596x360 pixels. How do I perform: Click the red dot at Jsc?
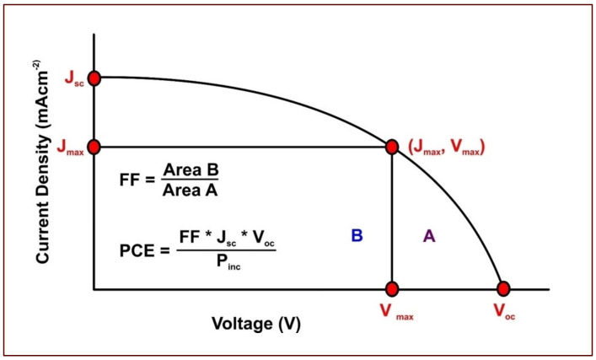[94, 78]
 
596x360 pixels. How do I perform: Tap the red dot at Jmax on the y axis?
[94, 147]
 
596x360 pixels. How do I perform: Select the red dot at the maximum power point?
[392, 147]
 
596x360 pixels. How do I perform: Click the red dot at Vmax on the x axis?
[392, 289]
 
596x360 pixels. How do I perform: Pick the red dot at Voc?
[504, 289]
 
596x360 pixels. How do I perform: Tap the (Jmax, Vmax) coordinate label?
[447, 148]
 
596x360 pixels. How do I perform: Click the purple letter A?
[428, 237]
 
